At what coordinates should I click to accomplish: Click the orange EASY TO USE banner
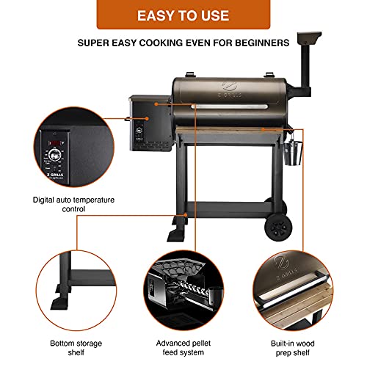click(183, 15)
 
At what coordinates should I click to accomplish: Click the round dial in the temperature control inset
click(54, 155)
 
